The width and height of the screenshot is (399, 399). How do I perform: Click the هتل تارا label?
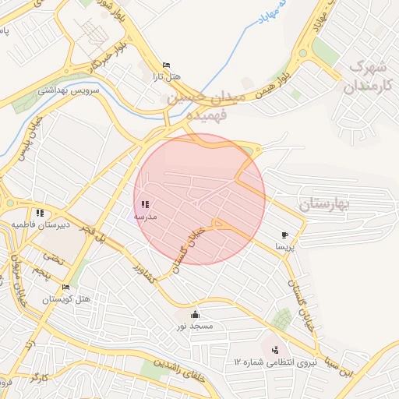pos(165,77)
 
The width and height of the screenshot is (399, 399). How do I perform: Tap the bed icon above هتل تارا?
pos(165,65)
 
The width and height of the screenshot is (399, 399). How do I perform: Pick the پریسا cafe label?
pos(284,246)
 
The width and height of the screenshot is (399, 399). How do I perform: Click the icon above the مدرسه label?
pos(145,204)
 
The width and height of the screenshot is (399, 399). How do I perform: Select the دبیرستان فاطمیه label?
pos(39,224)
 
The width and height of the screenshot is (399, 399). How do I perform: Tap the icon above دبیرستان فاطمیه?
pos(39,213)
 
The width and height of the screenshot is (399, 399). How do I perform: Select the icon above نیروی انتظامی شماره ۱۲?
pos(275,349)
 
